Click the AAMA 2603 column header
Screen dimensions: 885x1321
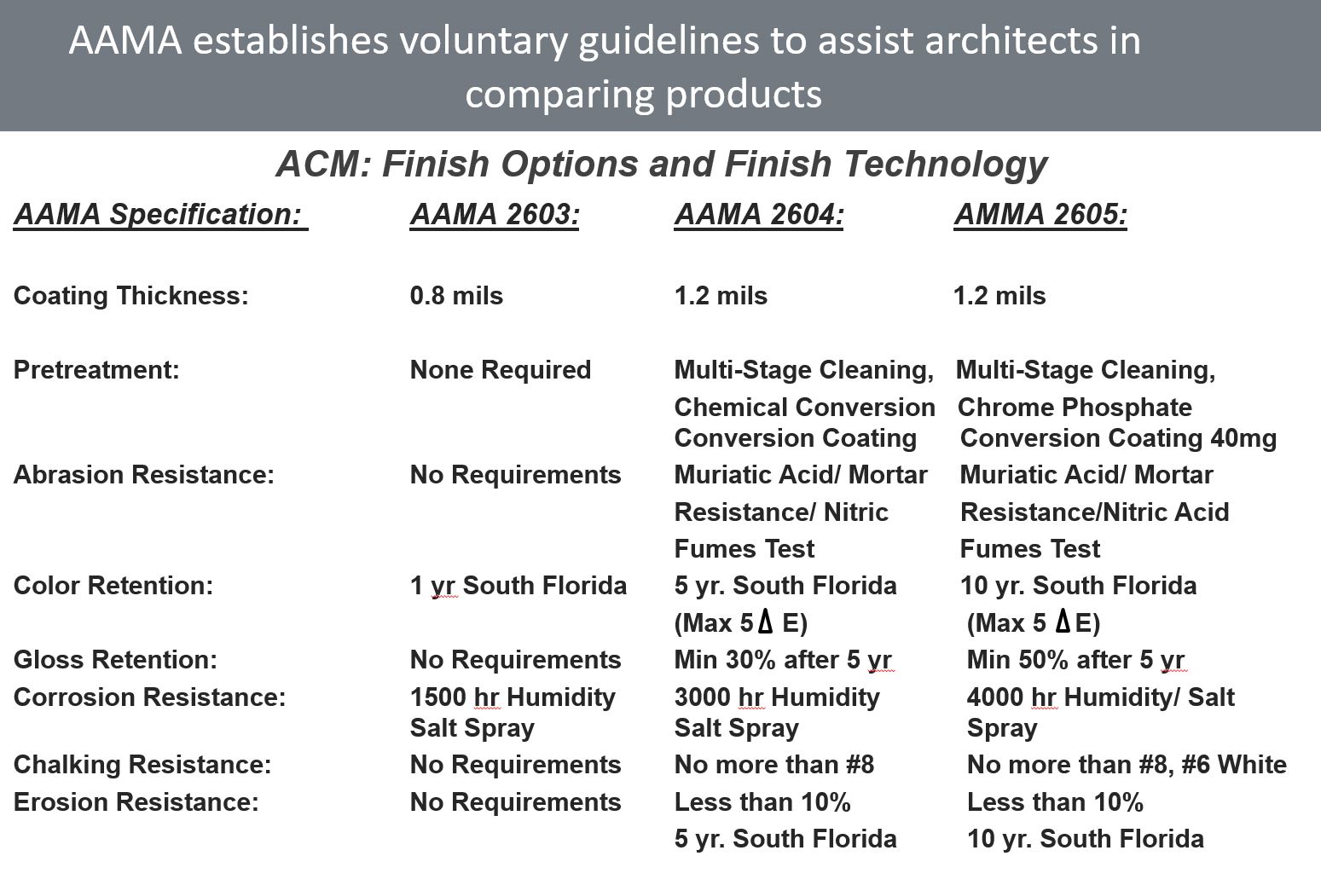[495, 214]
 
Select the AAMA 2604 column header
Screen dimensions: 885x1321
[759, 214]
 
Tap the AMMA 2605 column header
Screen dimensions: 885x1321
[1040, 214]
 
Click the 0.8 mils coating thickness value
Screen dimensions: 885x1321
[456, 296]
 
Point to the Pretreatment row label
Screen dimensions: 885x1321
[96, 370]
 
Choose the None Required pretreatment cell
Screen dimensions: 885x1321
[500, 370]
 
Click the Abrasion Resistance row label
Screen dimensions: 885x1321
[143, 475]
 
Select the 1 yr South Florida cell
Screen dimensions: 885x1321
[518, 586]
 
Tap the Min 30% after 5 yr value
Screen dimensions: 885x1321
[782, 660]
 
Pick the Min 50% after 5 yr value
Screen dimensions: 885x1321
[1075, 660]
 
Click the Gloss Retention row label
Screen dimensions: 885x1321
[115, 660]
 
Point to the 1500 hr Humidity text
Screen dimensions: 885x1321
[512, 697]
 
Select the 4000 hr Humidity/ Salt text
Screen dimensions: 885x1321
[1100, 697]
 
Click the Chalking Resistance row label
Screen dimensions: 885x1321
[142, 765]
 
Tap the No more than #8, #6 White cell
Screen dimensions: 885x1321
[1126, 765]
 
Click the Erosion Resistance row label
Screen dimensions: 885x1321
[136, 802]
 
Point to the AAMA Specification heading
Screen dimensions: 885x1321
[159, 214]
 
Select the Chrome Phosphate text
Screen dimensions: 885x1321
[1075, 408]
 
